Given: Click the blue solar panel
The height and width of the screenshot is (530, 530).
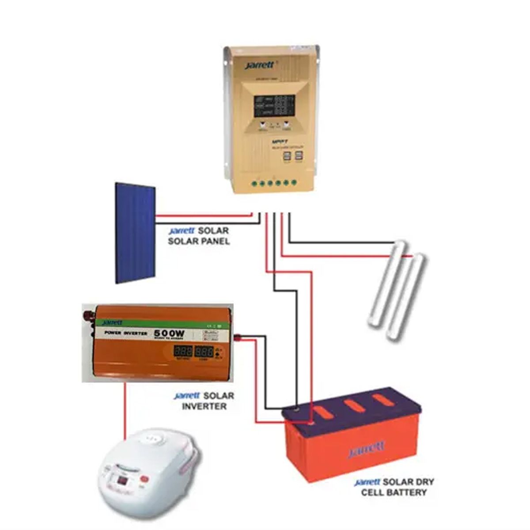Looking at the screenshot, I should coord(135,233).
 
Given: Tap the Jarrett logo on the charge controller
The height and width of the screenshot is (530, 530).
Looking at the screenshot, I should coord(260,65).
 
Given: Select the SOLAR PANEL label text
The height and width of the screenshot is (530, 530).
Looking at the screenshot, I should coord(199,242).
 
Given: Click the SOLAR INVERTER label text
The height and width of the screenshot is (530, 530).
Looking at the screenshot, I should coord(204,406).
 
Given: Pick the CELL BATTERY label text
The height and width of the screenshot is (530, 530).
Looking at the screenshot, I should coord(394,492).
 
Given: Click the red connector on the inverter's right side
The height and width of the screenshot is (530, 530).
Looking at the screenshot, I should coord(237,338).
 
